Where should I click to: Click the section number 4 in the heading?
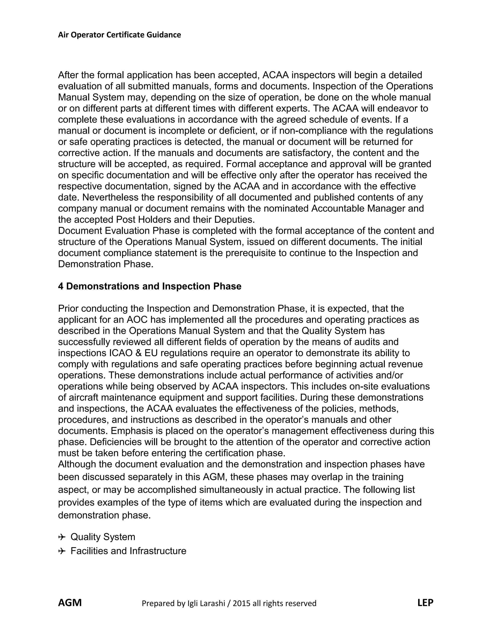(60, 286)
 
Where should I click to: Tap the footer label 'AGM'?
(70, 602)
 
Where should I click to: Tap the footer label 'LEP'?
(425, 602)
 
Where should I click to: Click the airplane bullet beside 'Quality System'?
(62, 537)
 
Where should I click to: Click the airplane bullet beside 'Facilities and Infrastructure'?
(62, 551)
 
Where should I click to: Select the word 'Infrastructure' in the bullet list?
(158, 551)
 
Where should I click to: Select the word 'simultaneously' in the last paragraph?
(231, 490)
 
